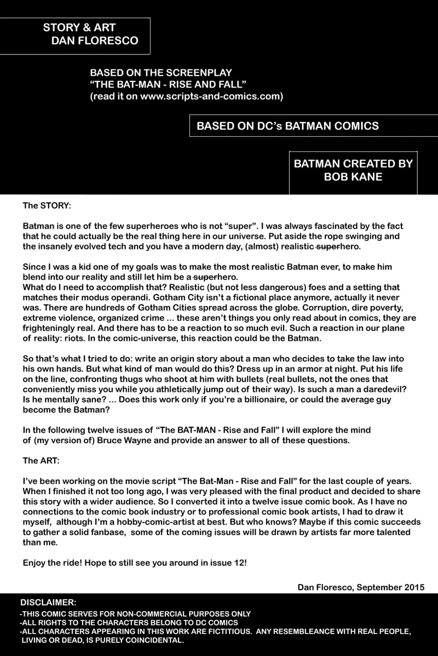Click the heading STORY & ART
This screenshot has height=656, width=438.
pyautogui.click(x=79, y=28)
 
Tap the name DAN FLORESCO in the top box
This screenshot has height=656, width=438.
pyautogui.click(x=94, y=40)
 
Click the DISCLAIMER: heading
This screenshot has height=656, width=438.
pyautogui.click(x=49, y=602)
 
